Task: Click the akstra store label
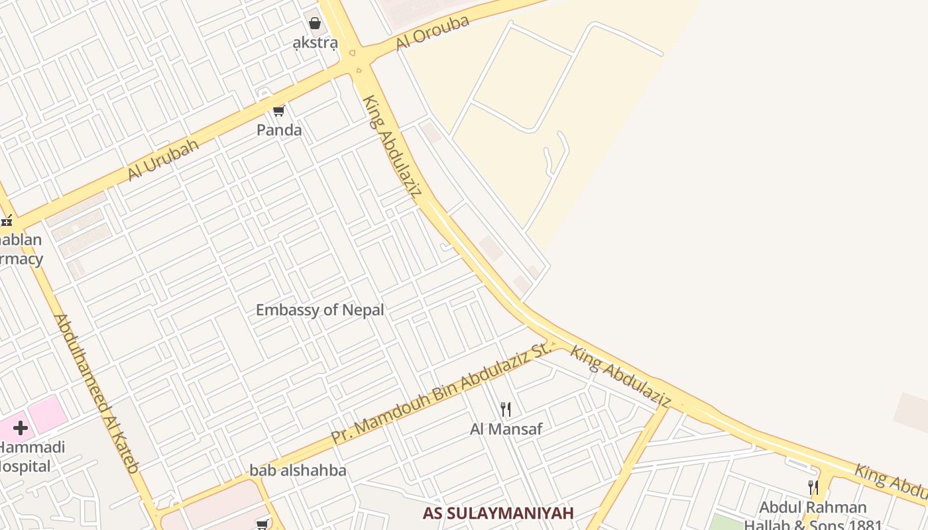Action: (316, 44)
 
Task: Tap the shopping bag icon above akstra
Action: (315, 24)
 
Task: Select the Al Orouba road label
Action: (433, 32)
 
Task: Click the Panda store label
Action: (279, 130)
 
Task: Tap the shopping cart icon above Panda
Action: (279, 111)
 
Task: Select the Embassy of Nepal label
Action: (319, 309)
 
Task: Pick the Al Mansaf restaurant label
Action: (506, 429)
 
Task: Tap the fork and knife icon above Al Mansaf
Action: (506, 409)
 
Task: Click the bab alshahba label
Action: (298, 470)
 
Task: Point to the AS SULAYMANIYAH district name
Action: (498, 513)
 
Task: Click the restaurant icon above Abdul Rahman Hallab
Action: (813, 488)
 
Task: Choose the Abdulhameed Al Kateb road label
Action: (97, 393)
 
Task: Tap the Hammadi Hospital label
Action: (30, 456)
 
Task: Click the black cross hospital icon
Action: (21, 428)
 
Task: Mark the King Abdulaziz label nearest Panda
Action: (392, 146)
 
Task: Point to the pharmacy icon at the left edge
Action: (7, 221)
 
